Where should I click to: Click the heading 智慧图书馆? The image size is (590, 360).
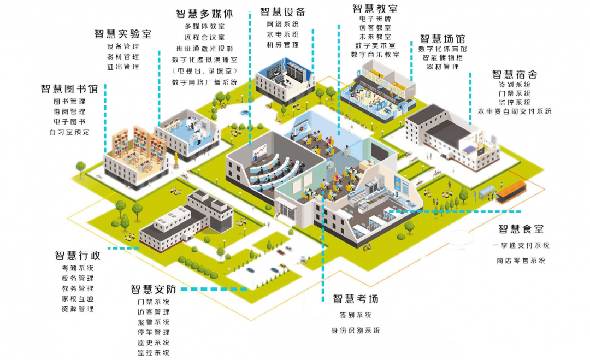point(69,89)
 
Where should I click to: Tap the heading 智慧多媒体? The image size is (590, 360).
point(204,14)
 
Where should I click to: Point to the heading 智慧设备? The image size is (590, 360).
point(282,12)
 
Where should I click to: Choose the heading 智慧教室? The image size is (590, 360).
point(375,9)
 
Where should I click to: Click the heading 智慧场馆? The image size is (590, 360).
point(442,39)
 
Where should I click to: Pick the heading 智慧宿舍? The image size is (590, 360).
point(514,74)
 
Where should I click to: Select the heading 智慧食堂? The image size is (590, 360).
point(521,229)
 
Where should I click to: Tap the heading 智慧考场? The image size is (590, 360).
point(356,299)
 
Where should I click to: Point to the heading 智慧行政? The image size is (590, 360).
point(77,256)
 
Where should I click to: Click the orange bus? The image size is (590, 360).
point(510,191)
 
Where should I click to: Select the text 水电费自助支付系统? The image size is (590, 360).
point(515,111)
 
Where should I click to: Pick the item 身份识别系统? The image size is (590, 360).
point(356,330)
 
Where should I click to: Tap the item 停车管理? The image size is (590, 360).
point(154,332)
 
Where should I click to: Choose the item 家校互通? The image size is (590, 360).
point(78,298)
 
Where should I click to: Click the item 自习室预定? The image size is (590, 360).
point(69,132)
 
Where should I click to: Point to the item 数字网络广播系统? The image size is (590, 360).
point(204,82)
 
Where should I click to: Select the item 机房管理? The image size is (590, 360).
point(282,44)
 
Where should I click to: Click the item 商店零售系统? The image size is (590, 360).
point(521,261)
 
